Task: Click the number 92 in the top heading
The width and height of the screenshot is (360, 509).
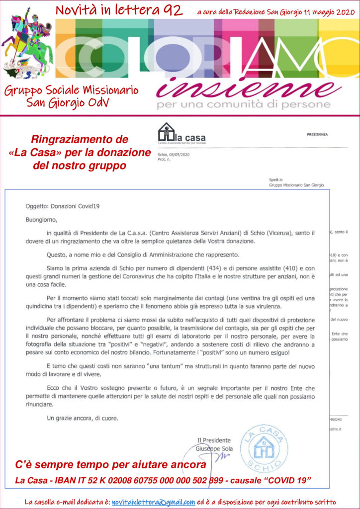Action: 171,9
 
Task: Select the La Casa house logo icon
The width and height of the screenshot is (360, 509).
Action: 166,133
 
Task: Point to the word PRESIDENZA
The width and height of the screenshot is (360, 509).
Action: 318,134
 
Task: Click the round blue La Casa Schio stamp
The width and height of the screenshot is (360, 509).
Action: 264,448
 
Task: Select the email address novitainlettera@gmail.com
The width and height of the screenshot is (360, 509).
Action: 153,502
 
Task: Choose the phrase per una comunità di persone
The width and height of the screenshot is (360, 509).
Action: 243,104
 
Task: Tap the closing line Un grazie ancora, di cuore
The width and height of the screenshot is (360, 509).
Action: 82,418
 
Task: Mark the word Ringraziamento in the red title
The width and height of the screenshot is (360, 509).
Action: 73,140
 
